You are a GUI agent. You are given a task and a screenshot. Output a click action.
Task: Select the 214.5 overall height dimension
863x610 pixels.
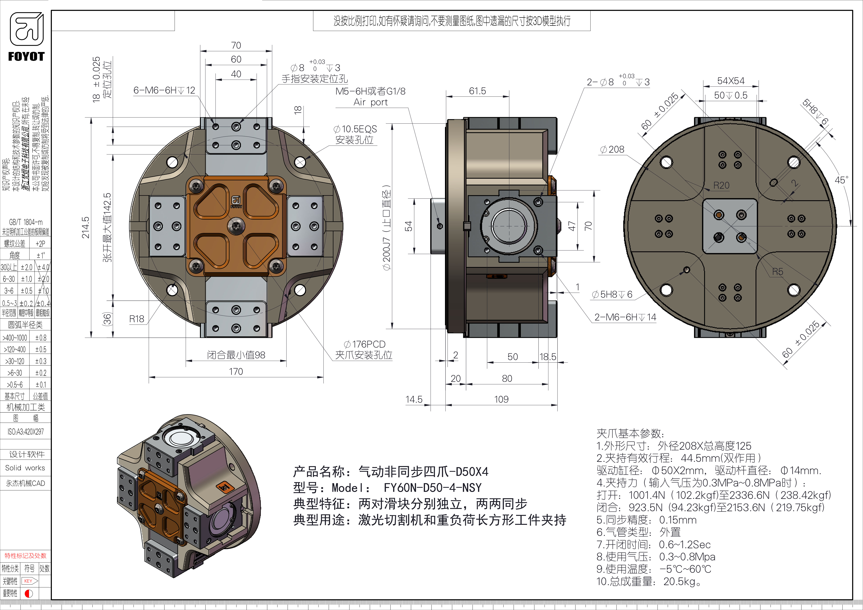point(86,227)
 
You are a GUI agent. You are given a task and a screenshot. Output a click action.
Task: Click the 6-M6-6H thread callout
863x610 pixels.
point(164,91)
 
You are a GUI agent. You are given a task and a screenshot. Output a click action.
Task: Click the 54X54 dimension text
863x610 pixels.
point(731,81)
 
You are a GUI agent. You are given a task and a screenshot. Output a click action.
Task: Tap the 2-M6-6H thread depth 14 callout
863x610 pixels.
point(625,317)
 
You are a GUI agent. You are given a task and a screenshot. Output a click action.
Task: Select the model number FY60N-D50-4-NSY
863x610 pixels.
point(432,488)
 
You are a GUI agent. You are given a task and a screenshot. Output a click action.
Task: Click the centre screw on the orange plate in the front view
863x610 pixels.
point(236,226)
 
